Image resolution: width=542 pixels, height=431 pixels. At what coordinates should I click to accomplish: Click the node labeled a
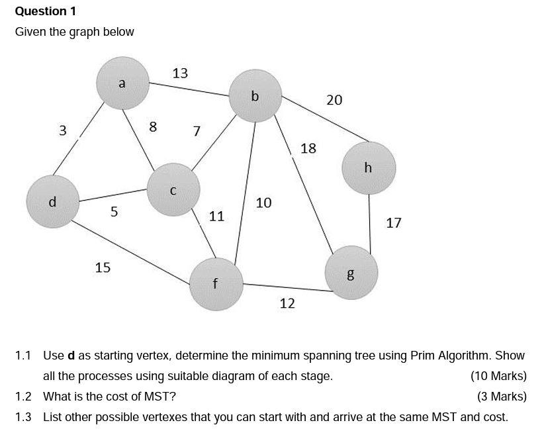pyautogui.click(x=122, y=83)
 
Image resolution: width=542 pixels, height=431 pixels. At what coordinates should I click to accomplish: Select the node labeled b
pyautogui.click(x=255, y=97)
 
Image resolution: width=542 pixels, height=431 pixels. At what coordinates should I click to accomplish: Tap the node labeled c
pyautogui.click(x=173, y=190)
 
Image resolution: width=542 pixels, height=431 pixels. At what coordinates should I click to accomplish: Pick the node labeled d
pyautogui.click(x=53, y=201)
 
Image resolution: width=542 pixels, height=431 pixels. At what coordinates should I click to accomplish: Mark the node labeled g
pyautogui.click(x=351, y=272)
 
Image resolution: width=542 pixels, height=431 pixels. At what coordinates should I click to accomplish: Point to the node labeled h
pyautogui.click(x=369, y=168)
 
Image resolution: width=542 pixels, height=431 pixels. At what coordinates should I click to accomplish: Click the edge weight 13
pyautogui.click(x=180, y=73)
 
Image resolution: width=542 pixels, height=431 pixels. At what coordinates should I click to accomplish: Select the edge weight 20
pyautogui.click(x=334, y=100)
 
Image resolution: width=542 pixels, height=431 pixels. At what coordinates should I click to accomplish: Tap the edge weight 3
pyautogui.click(x=63, y=130)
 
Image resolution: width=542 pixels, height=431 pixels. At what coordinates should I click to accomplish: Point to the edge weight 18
pyautogui.click(x=308, y=148)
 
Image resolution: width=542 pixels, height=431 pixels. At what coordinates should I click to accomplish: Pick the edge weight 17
pyautogui.click(x=393, y=223)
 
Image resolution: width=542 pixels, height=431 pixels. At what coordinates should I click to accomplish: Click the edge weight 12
pyautogui.click(x=287, y=303)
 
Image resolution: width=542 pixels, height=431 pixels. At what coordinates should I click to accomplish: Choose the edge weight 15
pyautogui.click(x=103, y=267)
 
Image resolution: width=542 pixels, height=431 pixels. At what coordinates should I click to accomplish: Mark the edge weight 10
pyautogui.click(x=263, y=203)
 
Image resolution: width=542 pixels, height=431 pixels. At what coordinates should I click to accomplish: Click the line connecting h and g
pyautogui.click(x=370, y=222)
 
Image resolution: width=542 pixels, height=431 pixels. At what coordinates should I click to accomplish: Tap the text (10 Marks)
pyautogui.click(x=498, y=376)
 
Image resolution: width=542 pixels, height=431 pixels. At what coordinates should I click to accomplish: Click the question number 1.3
pyautogui.click(x=23, y=417)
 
